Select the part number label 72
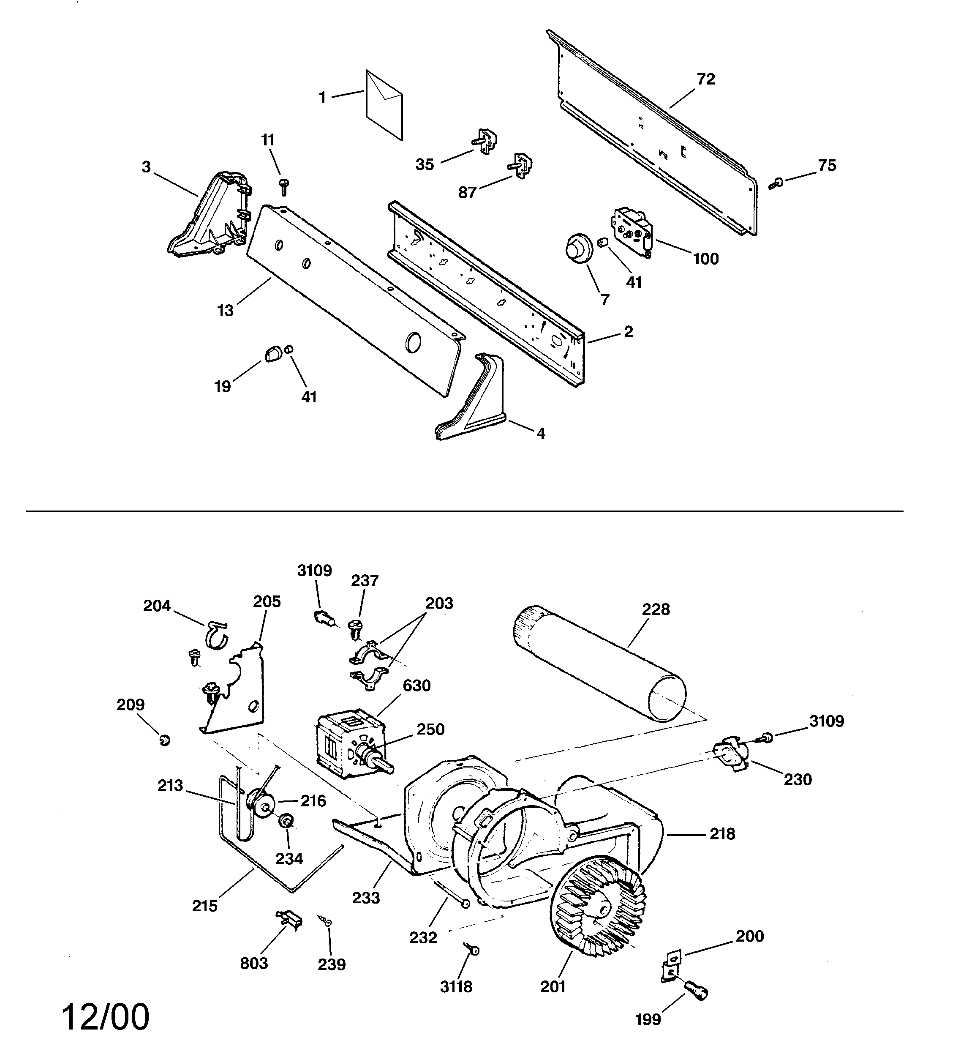[x=706, y=79]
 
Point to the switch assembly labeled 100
[x=631, y=229]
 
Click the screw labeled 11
[x=284, y=186]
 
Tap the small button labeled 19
[x=273, y=354]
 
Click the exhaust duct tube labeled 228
[x=600, y=664]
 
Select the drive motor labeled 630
[x=347, y=743]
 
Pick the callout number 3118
[x=456, y=988]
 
